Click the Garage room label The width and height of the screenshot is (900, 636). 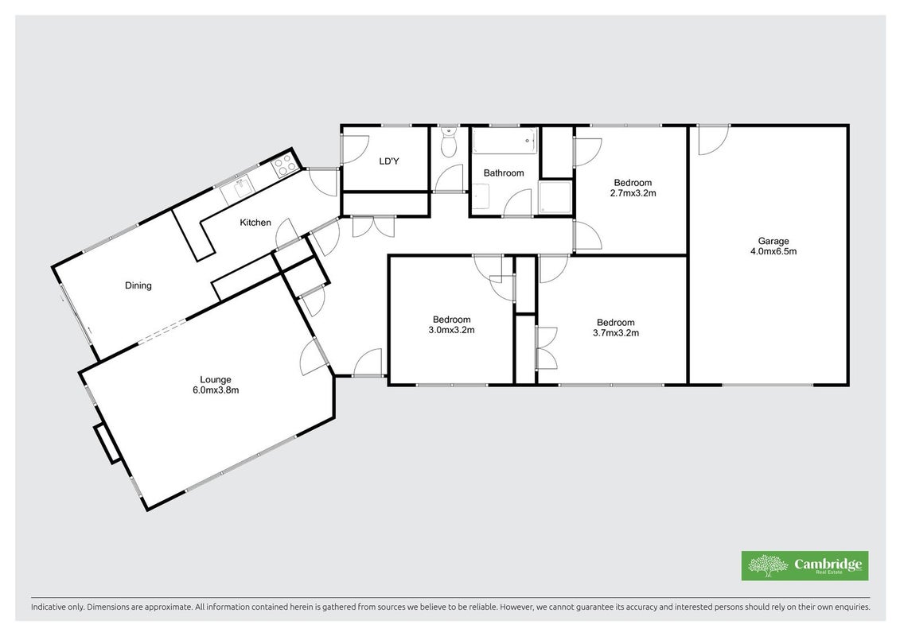(x=773, y=242)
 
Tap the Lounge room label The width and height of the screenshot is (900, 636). (x=215, y=380)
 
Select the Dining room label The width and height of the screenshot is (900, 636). (x=138, y=285)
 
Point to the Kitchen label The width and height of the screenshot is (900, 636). (x=255, y=223)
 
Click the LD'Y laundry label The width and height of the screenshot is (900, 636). (x=389, y=161)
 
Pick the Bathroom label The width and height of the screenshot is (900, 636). (x=504, y=173)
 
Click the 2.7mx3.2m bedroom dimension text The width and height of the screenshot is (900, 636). (x=633, y=193)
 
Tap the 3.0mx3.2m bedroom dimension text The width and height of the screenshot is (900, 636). (x=451, y=330)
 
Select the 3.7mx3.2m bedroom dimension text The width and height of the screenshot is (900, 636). (x=615, y=332)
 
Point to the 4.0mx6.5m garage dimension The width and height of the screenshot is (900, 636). (x=773, y=251)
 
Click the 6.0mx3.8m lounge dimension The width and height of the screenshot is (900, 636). (x=215, y=390)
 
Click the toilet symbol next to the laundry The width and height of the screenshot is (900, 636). (x=448, y=142)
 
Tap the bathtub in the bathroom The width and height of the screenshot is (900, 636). (x=505, y=141)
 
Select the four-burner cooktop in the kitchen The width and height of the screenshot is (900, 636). (x=284, y=165)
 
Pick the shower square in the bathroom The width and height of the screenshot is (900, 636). (x=555, y=199)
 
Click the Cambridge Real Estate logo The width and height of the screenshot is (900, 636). (x=805, y=565)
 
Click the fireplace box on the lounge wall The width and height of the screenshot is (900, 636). (x=107, y=444)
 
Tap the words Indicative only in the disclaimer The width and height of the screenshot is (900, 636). (x=56, y=607)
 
